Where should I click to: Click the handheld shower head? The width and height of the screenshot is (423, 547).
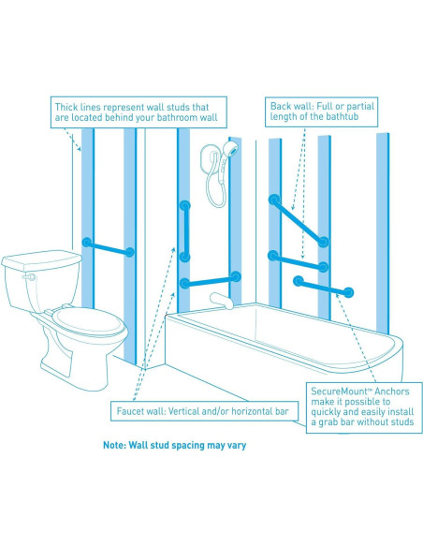[231, 148]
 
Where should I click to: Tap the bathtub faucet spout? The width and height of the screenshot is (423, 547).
[222, 300]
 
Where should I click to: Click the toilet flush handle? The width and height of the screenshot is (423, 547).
[29, 277]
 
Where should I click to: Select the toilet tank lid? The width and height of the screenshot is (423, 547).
[41, 259]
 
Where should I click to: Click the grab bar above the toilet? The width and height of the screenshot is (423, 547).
[108, 247]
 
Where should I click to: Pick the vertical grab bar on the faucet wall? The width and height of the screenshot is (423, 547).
[184, 231]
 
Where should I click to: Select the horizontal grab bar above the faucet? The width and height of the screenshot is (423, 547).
[211, 280]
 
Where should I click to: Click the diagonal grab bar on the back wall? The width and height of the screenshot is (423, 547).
[299, 220]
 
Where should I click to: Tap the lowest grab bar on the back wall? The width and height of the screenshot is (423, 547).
[324, 287]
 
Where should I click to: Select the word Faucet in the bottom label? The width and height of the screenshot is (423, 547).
[130, 411]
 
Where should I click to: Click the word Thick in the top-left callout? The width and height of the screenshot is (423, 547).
[65, 107]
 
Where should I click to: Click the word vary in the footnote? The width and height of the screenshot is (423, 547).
[238, 446]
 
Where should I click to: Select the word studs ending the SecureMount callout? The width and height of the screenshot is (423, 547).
[401, 422]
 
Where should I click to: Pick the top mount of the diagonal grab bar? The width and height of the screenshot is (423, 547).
[274, 200]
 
